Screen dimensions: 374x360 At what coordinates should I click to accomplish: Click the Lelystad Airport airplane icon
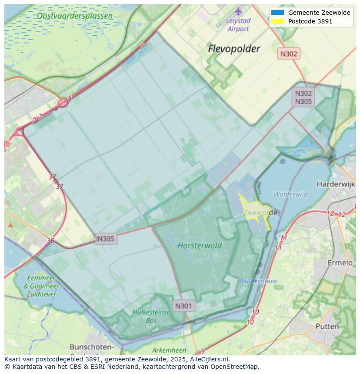238,11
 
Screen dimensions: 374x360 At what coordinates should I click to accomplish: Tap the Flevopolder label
234,49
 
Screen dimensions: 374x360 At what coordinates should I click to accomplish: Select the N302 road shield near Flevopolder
289,54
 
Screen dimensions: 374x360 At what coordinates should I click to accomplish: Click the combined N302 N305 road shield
303,97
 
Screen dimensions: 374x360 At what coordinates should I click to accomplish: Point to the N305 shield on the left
106,238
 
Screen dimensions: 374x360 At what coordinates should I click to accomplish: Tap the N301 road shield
183,306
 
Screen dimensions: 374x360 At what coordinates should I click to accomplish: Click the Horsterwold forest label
200,245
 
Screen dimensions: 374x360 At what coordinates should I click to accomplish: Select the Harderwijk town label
336,184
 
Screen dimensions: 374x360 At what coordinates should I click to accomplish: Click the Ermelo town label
340,263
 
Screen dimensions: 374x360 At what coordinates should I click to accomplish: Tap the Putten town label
327,326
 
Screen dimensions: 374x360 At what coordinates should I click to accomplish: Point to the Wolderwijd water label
290,194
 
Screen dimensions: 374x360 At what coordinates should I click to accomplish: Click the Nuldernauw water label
258,281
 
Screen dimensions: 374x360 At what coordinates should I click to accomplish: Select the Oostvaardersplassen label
74,16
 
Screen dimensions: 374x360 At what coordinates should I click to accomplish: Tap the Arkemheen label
169,350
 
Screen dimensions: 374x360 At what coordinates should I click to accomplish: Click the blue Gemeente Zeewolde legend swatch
277,13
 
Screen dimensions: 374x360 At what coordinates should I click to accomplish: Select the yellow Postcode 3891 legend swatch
277,21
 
